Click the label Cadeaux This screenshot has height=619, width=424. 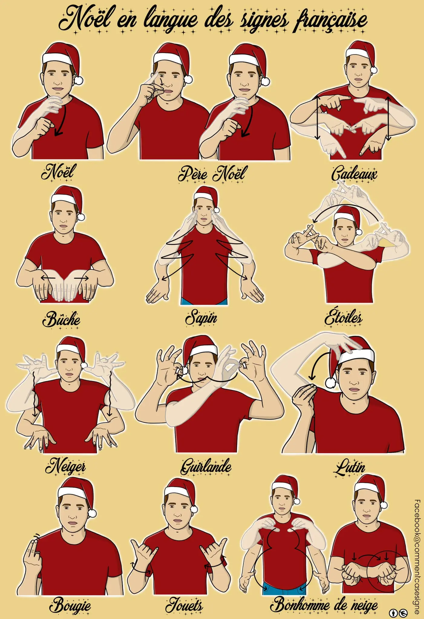tap(354, 174)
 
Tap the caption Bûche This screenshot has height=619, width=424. tap(61, 319)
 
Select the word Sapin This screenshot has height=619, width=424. tap(201, 318)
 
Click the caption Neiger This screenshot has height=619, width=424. tap(65, 466)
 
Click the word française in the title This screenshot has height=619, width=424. tap(330, 20)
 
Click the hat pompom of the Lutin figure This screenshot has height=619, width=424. tap(331, 383)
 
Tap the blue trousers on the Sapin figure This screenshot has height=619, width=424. tap(204, 301)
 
